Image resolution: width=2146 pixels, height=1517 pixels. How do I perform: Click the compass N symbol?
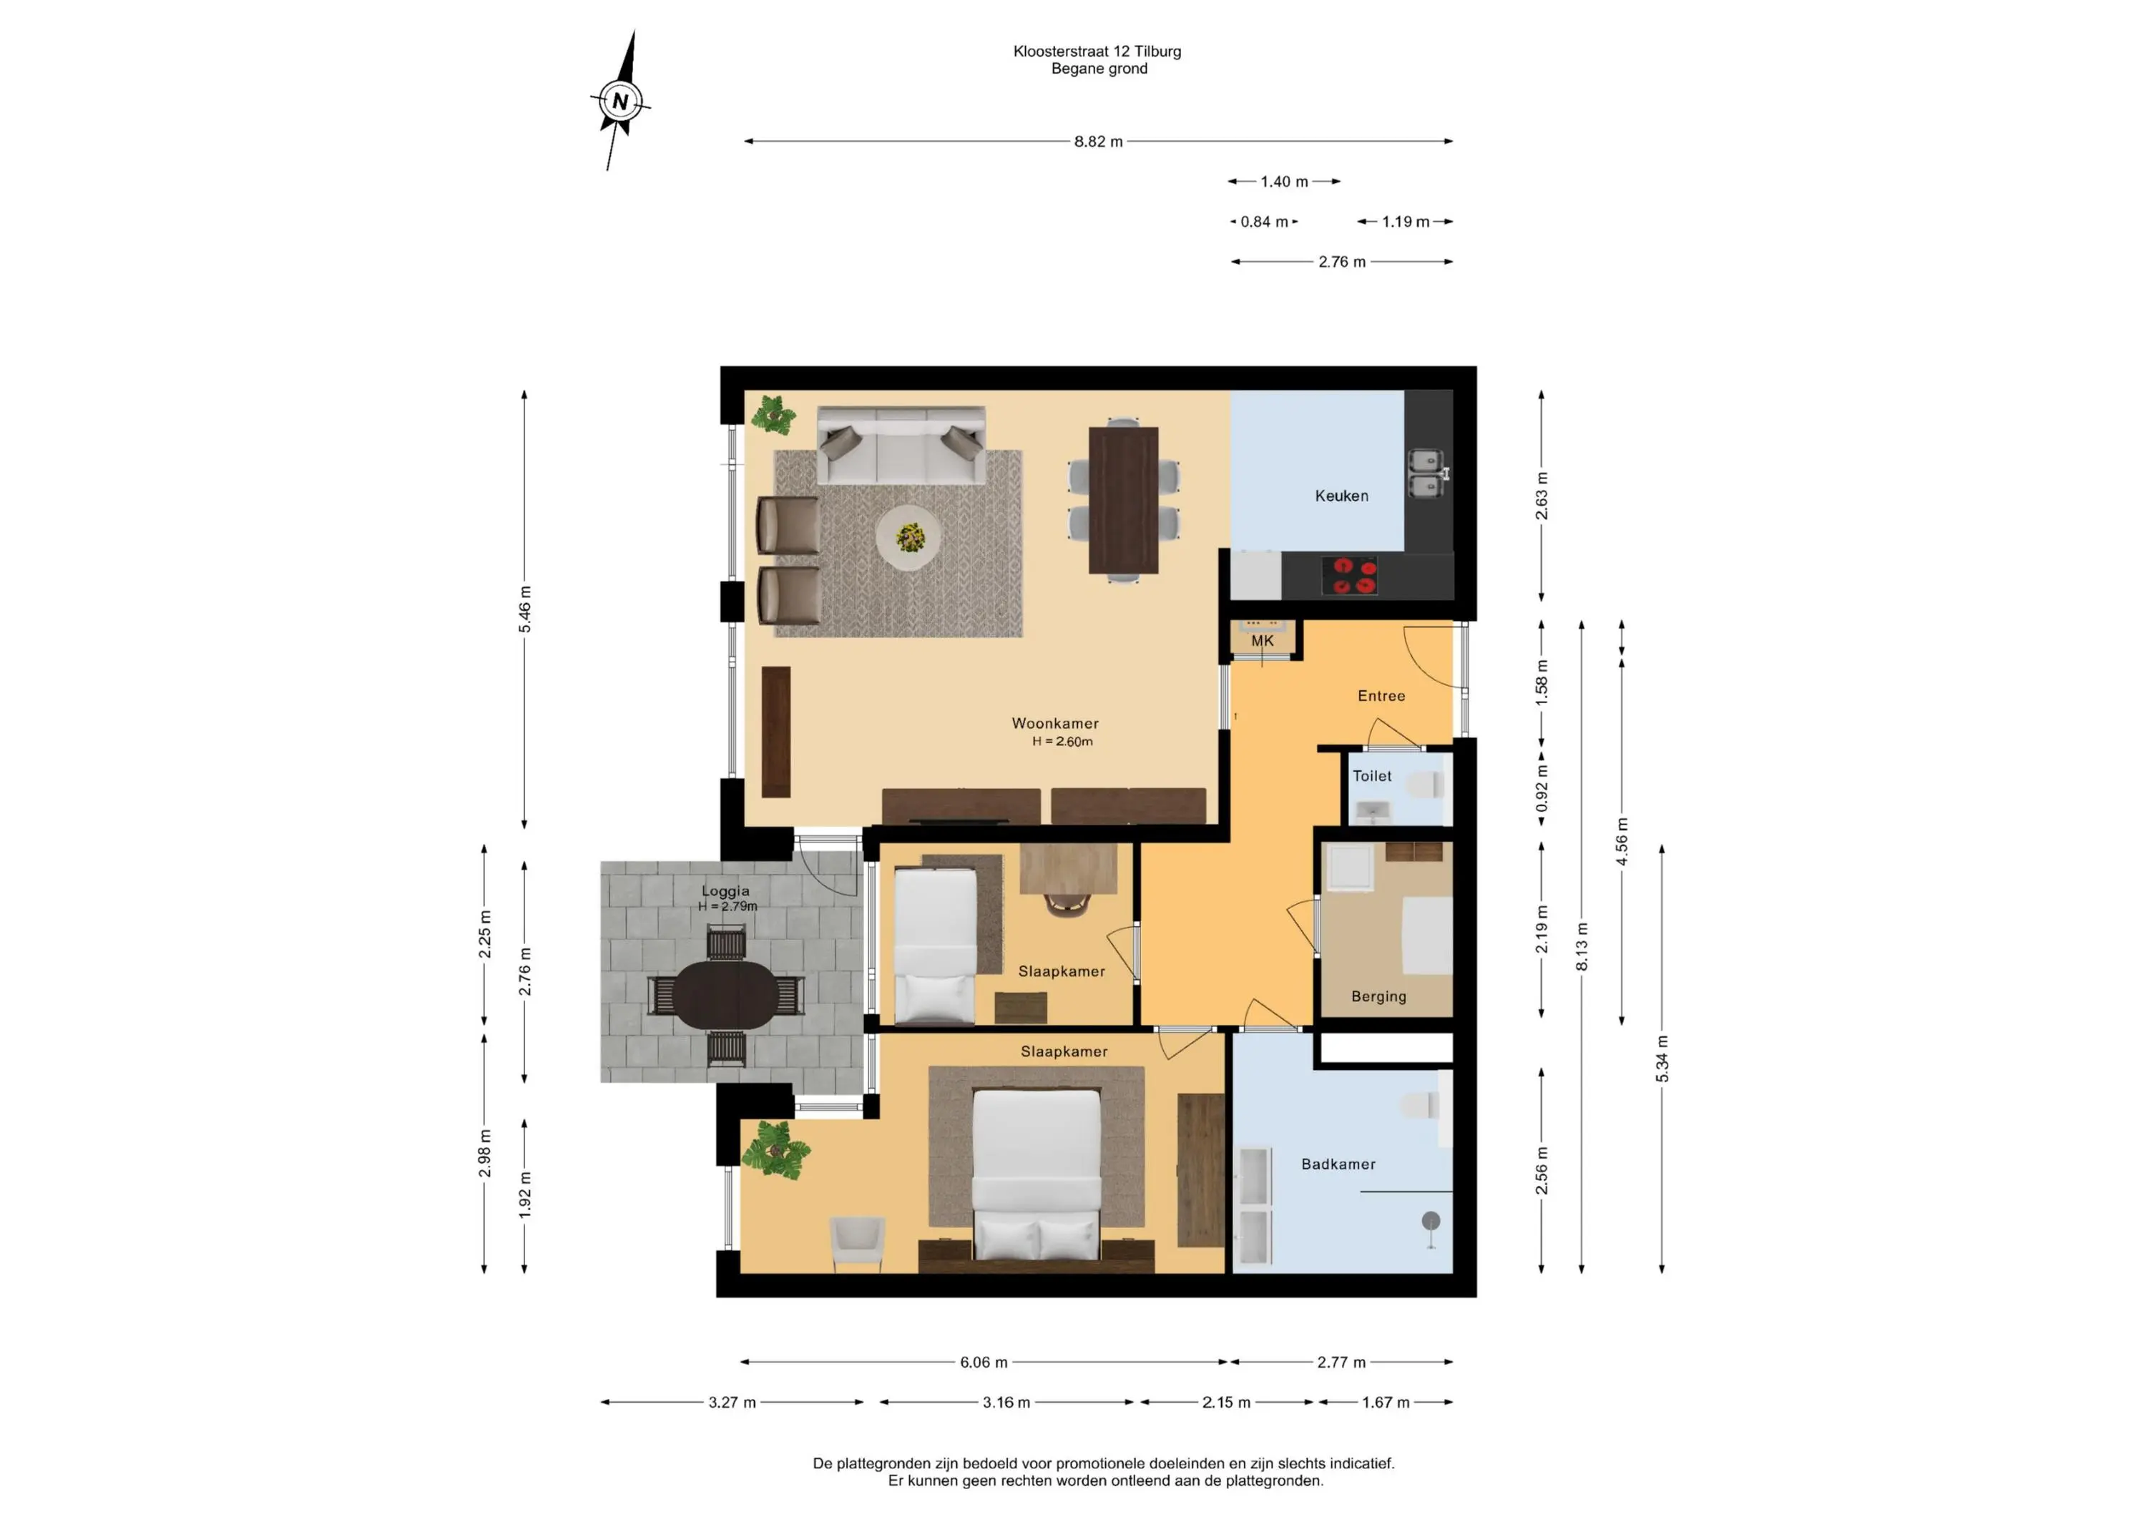(621, 101)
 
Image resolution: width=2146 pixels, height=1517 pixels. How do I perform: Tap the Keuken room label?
(1341, 496)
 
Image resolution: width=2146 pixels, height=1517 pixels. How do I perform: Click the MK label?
(1263, 641)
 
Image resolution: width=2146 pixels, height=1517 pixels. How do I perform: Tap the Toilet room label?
(1372, 776)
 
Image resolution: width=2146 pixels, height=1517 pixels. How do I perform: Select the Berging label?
(1378, 996)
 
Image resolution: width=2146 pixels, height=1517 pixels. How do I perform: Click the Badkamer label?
(1338, 1164)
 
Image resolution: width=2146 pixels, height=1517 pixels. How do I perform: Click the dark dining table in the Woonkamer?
(1124, 500)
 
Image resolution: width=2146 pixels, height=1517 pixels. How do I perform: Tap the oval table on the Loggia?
(726, 996)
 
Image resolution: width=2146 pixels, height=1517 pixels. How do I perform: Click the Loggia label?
(726, 890)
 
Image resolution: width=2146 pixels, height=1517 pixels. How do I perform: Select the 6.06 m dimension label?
(984, 1362)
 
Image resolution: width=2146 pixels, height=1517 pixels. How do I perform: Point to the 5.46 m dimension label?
(524, 609)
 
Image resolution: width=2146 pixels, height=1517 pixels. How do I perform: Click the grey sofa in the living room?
(901, 445)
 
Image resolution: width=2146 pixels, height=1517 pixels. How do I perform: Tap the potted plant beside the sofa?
(774, 414)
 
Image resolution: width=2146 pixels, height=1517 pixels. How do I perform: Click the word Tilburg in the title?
(1158, 51)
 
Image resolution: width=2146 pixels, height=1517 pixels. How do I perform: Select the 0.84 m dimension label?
(1264, 222)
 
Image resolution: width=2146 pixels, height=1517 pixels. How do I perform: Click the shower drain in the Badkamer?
(1430, 1221)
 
